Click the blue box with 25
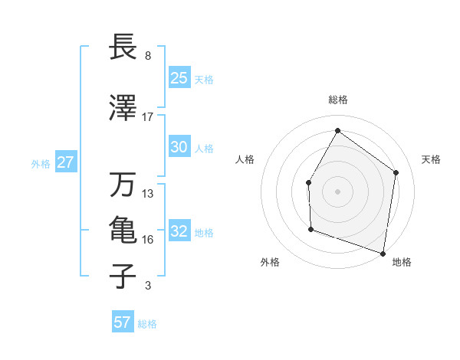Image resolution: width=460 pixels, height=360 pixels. coord(179,78)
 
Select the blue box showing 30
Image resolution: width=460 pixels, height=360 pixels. coord(179,147)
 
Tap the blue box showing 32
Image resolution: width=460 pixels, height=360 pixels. coord(179,231)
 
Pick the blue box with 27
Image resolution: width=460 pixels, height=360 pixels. coord(66,162)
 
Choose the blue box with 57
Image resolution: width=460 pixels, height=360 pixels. coord(123,322)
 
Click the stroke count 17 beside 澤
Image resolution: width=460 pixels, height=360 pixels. coord(148,117)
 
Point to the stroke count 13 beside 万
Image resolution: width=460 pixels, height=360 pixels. coord(148,194)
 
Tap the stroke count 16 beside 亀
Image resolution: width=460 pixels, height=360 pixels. coord(148,240)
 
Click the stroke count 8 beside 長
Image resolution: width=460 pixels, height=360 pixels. coord(147,56)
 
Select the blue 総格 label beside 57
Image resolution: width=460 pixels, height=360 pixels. coord(147,324)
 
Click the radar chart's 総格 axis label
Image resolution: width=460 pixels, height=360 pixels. coord(337,100)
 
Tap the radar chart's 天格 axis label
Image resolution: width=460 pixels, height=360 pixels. coord(432,159)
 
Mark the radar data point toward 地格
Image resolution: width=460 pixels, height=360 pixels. coord(383,253)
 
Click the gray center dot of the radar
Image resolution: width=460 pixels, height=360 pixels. coord(337,190)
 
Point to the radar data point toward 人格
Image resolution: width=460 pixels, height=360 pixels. coord(308,182)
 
